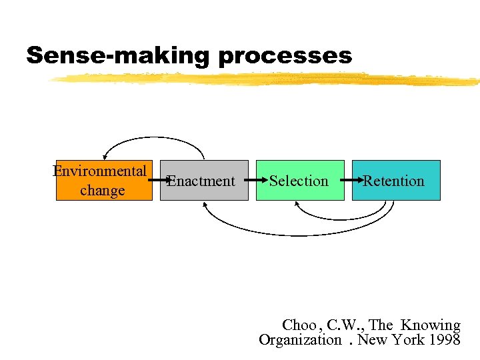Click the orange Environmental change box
click(x=103, y=180)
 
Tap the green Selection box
click(x=299, y=181)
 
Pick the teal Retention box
click(x=396, y=181)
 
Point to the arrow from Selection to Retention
click(x=349, y=181)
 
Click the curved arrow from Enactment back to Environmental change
click(x=153, y=137)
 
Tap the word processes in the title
click(x=284, y=56)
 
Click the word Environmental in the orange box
click(x=100, y=171)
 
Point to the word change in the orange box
click(x=102, y=190)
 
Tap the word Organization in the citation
click(x=299, y=340)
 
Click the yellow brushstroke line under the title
click(x=267, y=80)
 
